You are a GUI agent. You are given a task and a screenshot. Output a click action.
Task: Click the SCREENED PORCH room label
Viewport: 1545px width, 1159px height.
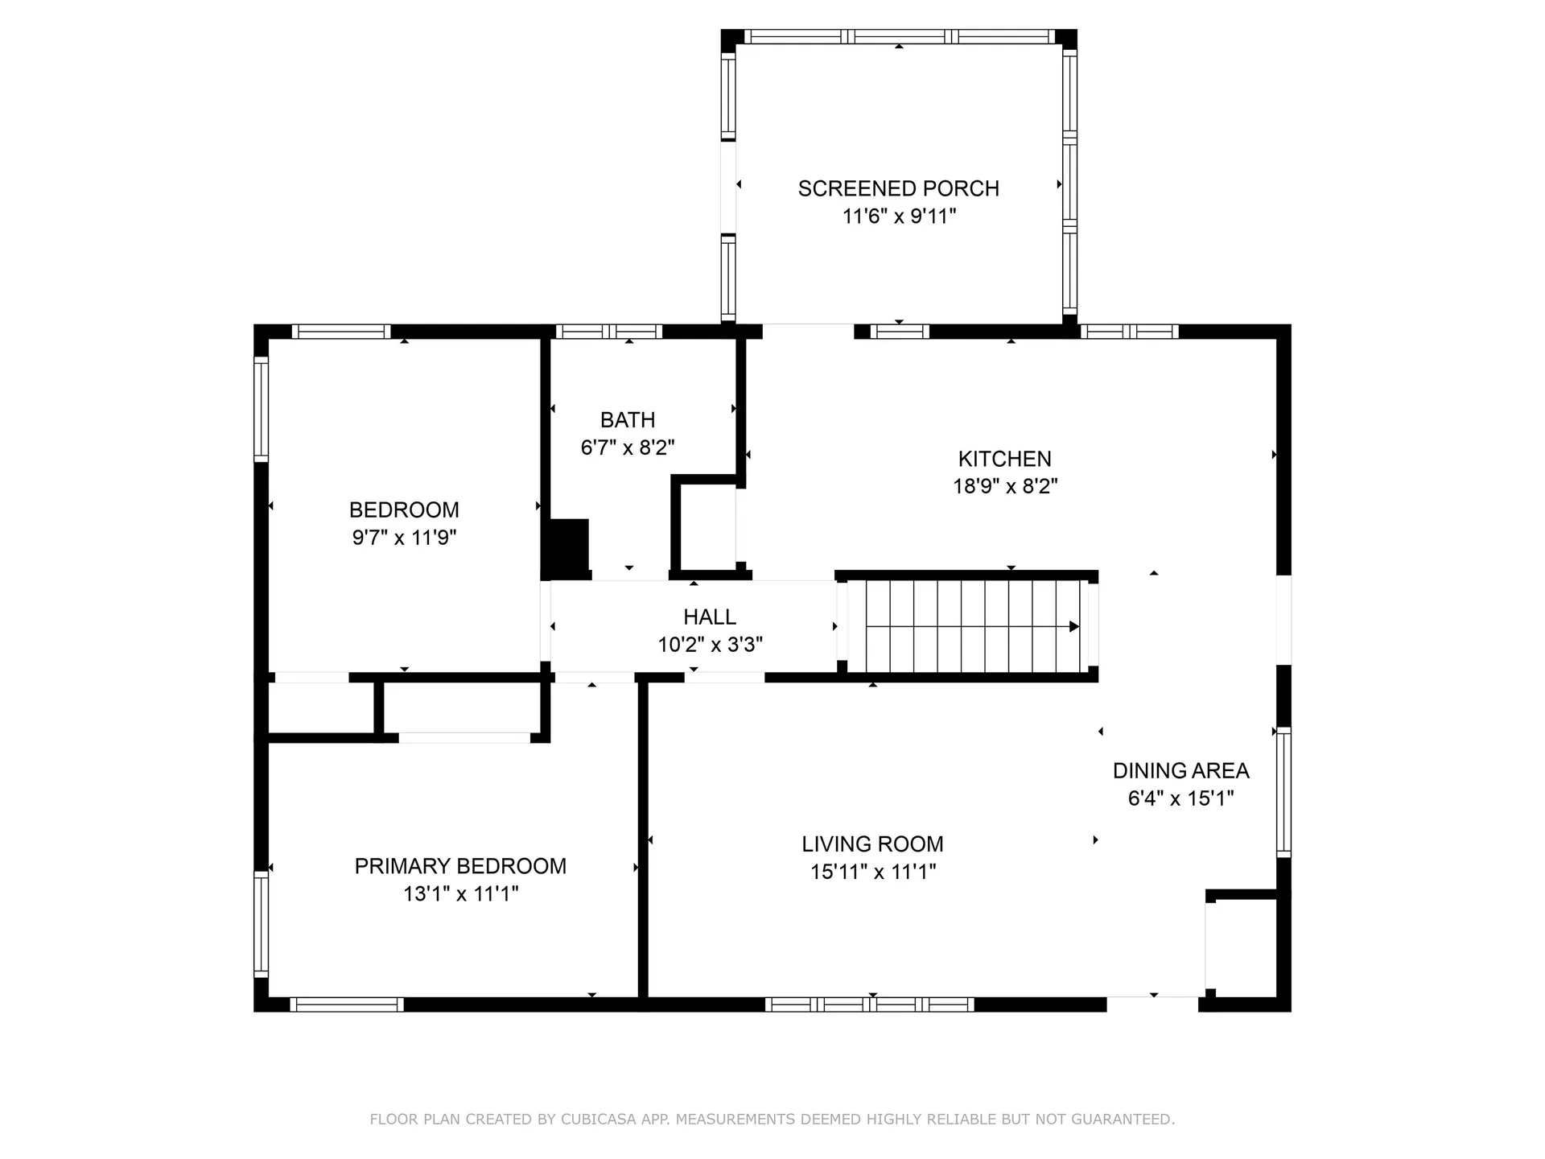(x=898, y=188)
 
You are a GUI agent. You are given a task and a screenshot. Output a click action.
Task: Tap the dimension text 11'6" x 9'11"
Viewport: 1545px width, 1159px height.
(x=899, y=216)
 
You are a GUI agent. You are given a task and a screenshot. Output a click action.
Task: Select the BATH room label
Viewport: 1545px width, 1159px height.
(x=628, y=419)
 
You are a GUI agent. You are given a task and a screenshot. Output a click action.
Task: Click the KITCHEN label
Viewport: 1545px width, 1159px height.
(x=1004, y=459)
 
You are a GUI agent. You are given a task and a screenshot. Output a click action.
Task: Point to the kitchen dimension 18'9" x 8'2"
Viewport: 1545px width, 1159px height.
(x=1004, y=486)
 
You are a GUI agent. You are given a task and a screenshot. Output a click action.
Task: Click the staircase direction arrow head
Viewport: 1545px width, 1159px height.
(x=1073, y=626)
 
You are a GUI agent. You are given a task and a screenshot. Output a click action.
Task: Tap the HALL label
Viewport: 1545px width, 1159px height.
(x=709, y=617)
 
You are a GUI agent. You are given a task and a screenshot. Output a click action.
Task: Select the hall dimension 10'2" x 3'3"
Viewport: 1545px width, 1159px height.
(x=710, y=645)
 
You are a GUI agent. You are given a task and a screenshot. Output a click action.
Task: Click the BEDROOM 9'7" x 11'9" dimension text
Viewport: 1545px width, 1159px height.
(x=404, y=538)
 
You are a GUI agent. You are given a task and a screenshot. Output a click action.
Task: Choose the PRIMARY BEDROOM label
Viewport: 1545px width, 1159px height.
(x=460, y=866)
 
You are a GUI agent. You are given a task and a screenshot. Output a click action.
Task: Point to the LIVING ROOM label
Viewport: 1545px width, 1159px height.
(x=872, y=843)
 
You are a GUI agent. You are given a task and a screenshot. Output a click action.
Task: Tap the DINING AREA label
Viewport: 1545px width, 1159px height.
(x=1180, y=770)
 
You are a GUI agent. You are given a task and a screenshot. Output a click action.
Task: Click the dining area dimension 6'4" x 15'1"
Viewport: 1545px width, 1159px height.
(x=1180, y=798)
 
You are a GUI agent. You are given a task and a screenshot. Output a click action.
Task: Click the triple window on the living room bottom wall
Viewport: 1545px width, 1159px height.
(x=869, y=1004)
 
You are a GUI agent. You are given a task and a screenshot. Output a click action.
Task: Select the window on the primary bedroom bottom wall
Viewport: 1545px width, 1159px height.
(x=346, y=1004)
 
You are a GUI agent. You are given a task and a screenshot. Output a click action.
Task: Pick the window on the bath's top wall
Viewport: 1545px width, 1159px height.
(x=608, y=332)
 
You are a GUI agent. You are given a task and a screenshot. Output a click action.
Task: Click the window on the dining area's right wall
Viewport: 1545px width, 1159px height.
(x=1284, y=792)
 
